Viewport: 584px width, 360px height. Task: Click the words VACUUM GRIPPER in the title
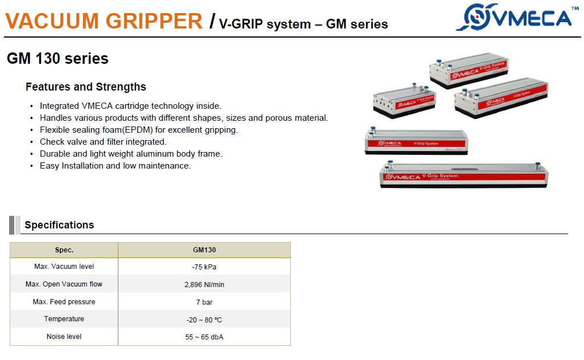tap(104, 21)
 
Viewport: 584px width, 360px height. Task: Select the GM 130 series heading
tap(57, 59)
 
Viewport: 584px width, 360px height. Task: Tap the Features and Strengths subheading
tap(85, 87)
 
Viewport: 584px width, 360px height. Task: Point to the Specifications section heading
tap(59, 225)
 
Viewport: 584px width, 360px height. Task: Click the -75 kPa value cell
tap(204, 267)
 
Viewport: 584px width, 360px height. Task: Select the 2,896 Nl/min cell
tap(204, 285)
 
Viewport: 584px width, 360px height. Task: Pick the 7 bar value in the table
tap(204, 302)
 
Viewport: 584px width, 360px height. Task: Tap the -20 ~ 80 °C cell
tap(204, 320)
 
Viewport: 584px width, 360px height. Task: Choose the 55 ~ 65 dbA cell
tap(204, 337)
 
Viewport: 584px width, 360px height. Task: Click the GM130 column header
tap(204, 250)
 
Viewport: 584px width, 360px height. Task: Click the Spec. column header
tap(64, 250)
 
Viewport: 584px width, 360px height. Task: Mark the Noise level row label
tap(64, 337)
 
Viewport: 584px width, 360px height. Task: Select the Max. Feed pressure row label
tap(64, 302)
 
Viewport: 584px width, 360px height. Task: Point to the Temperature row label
tap(64, 319)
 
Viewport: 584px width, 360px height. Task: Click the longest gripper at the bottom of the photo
tap(464, 175)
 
